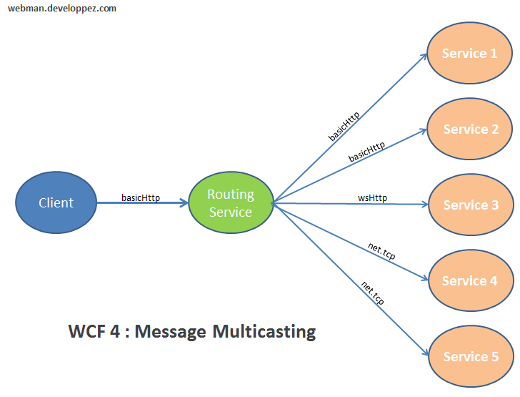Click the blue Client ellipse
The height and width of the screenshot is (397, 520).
tap(56, 202)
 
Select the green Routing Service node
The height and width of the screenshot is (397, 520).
tap(230, 203)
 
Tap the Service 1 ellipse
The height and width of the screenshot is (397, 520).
tap(469, 54)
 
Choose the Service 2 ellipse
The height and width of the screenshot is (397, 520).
tap(471, 129)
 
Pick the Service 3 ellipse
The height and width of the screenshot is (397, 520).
tap(471, 205)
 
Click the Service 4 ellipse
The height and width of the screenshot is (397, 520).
tap(471, 280)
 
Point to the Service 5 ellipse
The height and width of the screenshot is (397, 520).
tap(471, 356)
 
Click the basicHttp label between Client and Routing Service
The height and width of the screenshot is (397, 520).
tap(141, 197)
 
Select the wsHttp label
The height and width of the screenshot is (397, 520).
tap(372, 197)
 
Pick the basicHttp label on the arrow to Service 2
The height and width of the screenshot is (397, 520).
tap(366, 151)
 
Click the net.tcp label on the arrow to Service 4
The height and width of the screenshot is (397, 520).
tap(381, 251)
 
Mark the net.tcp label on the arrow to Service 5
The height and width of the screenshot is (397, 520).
tap(372, 293)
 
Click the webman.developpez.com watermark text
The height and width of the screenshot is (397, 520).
tap(62, 9)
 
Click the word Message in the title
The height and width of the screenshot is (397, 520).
tap(168, 332)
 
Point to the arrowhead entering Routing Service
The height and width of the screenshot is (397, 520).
tap(184, 203)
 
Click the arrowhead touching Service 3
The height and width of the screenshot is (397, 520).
tap(424, 205)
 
